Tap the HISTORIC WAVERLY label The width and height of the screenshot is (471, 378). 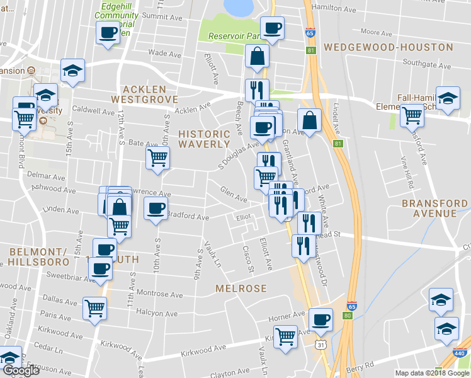pos(204,139)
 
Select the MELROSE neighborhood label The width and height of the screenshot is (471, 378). pos(241,288)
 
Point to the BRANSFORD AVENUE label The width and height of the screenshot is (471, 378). pos(434,209)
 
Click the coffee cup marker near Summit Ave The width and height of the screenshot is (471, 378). pos(108,31)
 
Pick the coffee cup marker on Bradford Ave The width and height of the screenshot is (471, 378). pos(156,208)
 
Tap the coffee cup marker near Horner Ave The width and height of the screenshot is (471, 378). pos(321,319)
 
